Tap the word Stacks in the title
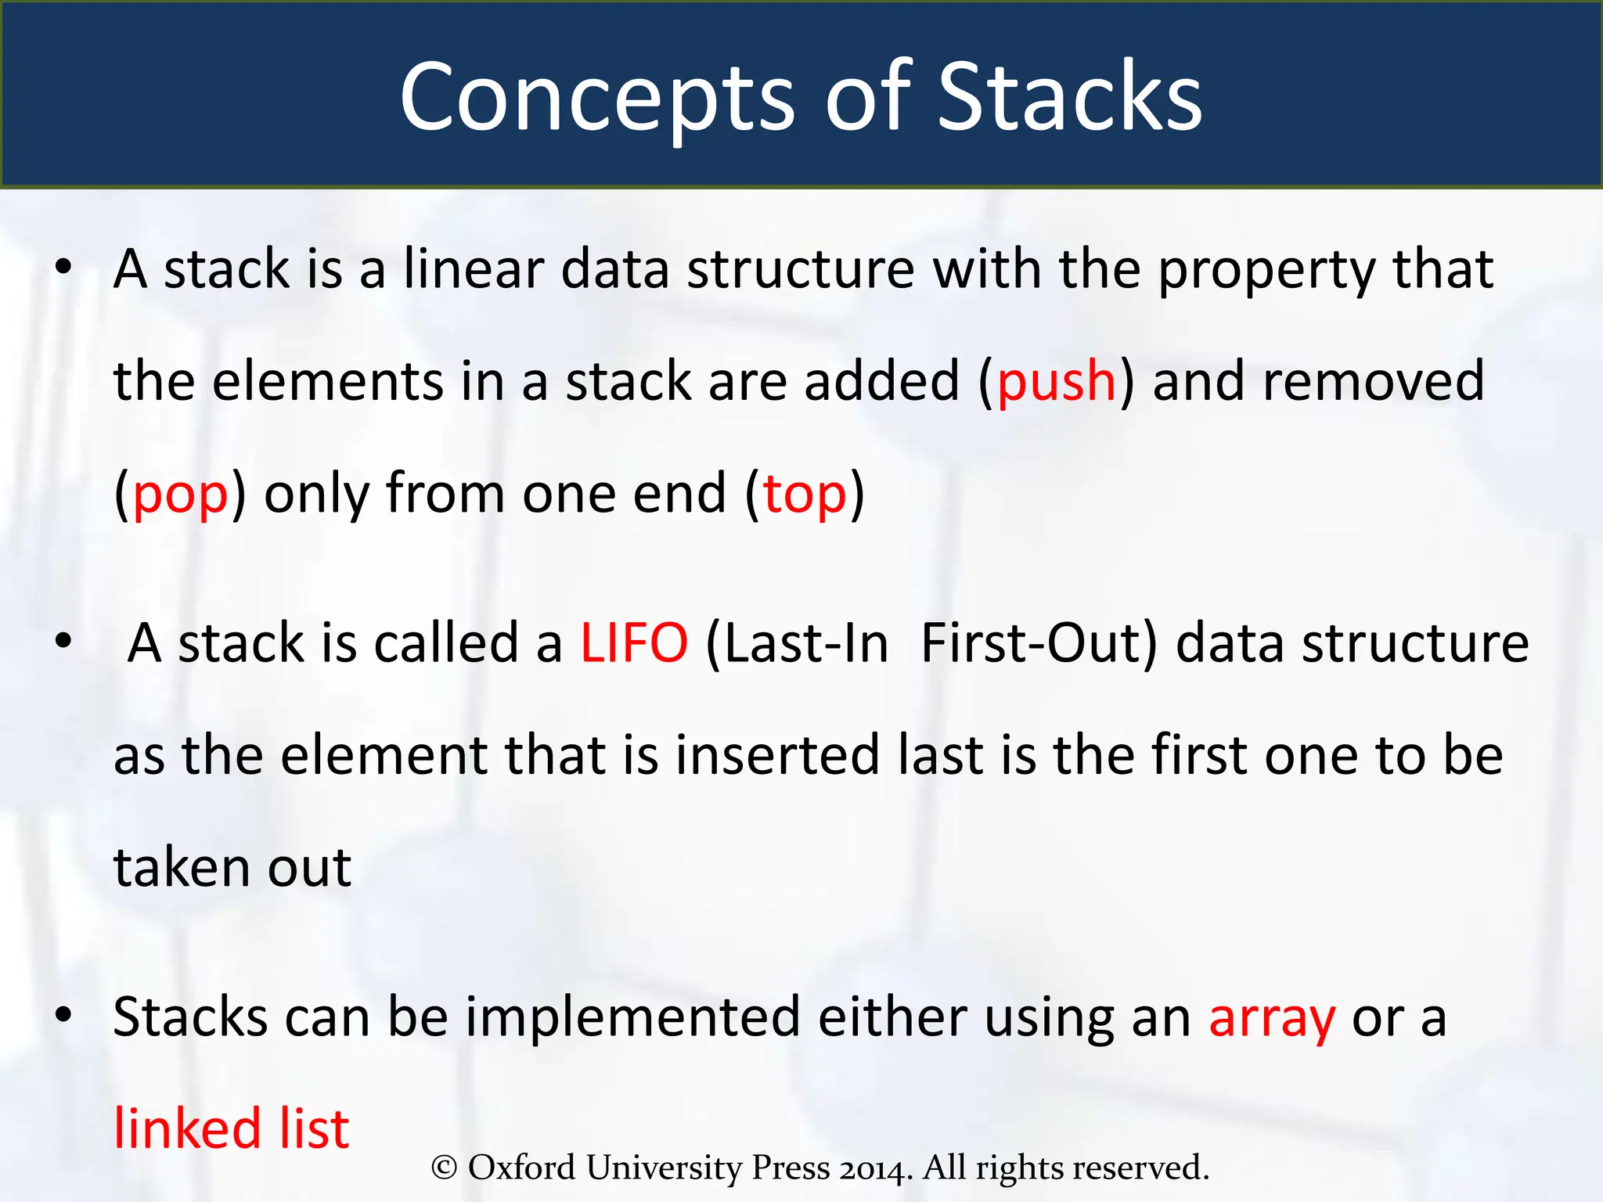[x=1069, y=98]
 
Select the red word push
[x=1056, y=382]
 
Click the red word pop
[x=180, y=495]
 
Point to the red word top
[x=804, y=495]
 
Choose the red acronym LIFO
[x=634, y=643]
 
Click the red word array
[x=1272, y=1018]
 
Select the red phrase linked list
[x=232, y=1129]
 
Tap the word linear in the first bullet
[x=474, y=269]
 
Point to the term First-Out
[x=1038, y=643]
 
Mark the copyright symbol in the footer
[x=444, y=1168]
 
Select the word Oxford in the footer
[x=521, y=1168]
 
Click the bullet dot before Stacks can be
[x=63, y=1016]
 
